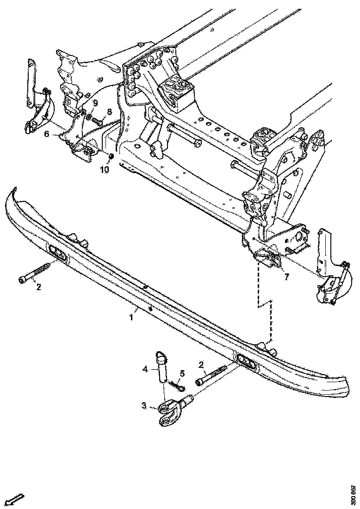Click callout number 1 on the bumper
tap(131, 317)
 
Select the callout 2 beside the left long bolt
tap(39, 287)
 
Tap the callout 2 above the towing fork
tap(202, 365)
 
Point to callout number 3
tap(144, 406)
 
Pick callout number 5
tap(182, 373)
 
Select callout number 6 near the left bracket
tap(47, 134)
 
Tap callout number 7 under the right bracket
tap(286, 277)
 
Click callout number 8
tap(110, 112)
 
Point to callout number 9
tap(95, 102)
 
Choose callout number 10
tap(105, 169)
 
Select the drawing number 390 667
tap(354, 495)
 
